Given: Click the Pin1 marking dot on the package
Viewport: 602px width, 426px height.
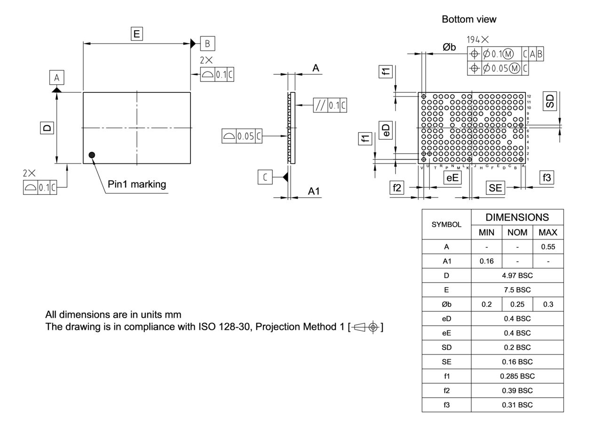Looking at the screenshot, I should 92,155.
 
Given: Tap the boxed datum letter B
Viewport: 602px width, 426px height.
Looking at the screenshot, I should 207,43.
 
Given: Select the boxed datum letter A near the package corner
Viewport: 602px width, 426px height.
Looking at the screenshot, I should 56,77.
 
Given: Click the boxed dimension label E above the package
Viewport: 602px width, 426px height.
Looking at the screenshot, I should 137,33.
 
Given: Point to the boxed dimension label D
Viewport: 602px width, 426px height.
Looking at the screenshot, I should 47,128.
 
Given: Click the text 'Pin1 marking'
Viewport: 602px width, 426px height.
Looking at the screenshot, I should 137,184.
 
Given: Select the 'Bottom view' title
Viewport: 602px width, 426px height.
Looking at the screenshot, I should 469,19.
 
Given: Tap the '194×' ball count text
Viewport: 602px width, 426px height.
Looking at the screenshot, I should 477,40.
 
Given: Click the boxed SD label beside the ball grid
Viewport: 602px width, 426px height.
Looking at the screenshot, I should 550,100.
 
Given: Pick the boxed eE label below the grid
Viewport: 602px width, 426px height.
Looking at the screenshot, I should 452,177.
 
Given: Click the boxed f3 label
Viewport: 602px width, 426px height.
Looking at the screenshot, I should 547,177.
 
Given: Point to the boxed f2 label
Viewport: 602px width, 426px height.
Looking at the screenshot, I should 397,187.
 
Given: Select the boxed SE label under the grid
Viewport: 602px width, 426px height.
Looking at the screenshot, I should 495,188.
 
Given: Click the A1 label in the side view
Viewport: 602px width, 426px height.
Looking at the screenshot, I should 314,191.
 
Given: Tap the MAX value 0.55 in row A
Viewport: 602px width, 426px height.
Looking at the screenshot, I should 548,247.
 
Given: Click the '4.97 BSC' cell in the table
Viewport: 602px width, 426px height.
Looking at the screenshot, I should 517,275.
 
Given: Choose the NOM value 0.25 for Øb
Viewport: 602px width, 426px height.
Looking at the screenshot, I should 517,304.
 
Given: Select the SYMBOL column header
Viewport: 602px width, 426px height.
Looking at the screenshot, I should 446,225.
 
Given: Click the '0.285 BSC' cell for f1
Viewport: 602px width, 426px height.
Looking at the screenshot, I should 517,376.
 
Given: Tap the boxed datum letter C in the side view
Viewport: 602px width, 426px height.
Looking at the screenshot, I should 265,177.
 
